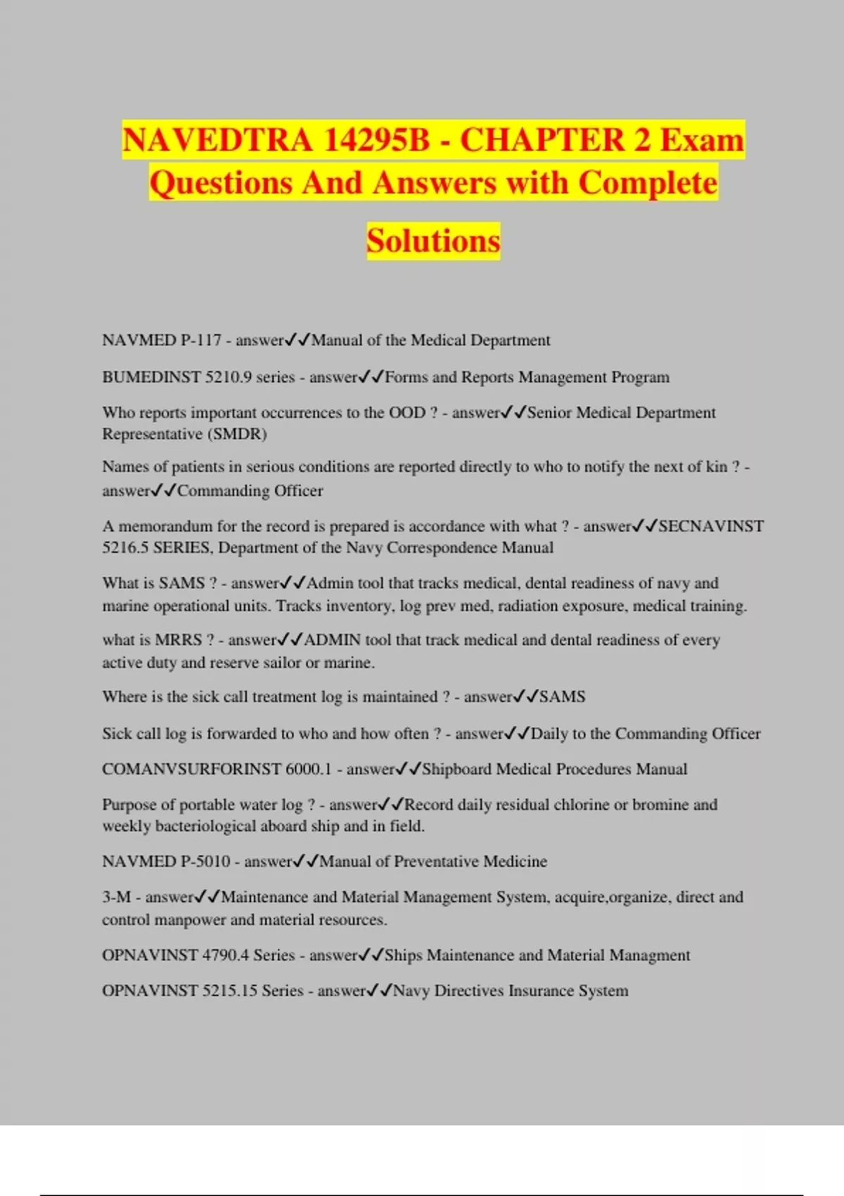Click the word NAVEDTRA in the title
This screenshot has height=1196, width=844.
(x=217, y=139)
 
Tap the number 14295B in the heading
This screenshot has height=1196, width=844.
(x=377, y=139)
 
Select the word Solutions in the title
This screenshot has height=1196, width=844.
(x=433, y=241)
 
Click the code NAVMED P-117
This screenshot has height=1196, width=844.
(x=162, y=341)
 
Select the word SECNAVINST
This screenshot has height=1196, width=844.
(x=711, y=526)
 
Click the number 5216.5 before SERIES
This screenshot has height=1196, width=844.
(x=124, y=548)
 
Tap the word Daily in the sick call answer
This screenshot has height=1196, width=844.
(x=549, y=734)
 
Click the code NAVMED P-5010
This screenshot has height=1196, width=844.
(x=166, y=862)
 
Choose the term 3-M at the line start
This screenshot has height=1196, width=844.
(x=117, y=898)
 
